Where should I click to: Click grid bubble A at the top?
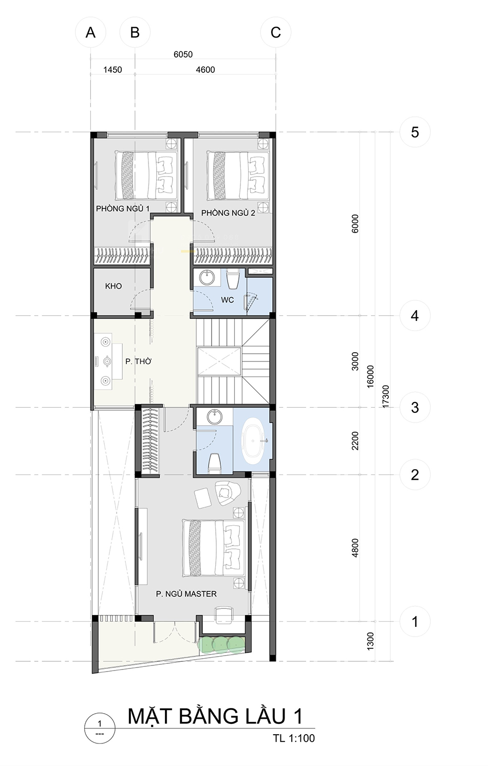[x=90, y=32]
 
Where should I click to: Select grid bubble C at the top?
[x=276, y=32]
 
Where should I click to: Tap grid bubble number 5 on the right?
[x=415, y=132]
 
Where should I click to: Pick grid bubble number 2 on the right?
[x=415, y=475]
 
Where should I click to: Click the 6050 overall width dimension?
[x=183, y=54]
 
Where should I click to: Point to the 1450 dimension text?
[x=112, y=70]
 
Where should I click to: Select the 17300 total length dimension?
[x=386, y=396]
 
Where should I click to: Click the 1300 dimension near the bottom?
[x=370, y=642]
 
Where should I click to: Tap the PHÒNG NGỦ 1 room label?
[x=122, y=208]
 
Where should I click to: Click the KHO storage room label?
[x=114, y=286]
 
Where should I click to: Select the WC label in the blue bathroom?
[x=227, y=300]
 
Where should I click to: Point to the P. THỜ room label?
[x=138, y=361]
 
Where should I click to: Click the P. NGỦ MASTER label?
[x=186, y=594]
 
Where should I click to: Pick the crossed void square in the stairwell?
[x=220, y=361]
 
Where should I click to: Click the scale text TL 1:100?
[x=294, y=748]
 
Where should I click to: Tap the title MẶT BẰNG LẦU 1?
[x=215, y=716]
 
